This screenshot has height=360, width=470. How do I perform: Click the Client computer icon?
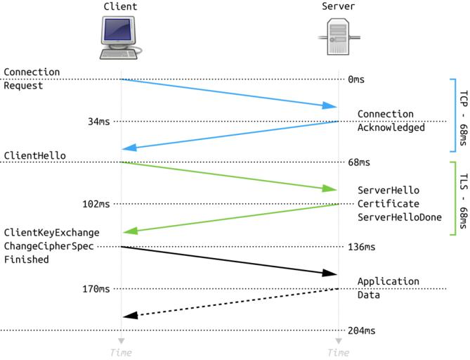(x=120, y=39)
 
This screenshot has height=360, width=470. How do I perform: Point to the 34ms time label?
(x=98, y=122)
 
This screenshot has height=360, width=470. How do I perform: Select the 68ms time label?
(x=359, y=162)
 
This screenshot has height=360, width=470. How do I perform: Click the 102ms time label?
(x=96, y=204)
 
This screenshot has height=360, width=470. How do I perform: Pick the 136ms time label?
(x=362, y=247)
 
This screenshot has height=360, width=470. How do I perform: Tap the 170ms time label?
(x=96, y=288)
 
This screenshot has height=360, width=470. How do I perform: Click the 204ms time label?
(x=362, y=330)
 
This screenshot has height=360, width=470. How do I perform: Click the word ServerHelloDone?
(x=399, y=217)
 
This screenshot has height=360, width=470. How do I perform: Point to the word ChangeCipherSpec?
(x=48, y=246)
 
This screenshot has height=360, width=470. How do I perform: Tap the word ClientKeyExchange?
(x=51, y=233)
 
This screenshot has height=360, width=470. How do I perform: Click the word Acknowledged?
(x=391, y=127)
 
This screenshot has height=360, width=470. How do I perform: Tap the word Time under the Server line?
(x=338, y=352)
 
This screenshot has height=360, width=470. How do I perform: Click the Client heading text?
(x=120, y=7)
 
